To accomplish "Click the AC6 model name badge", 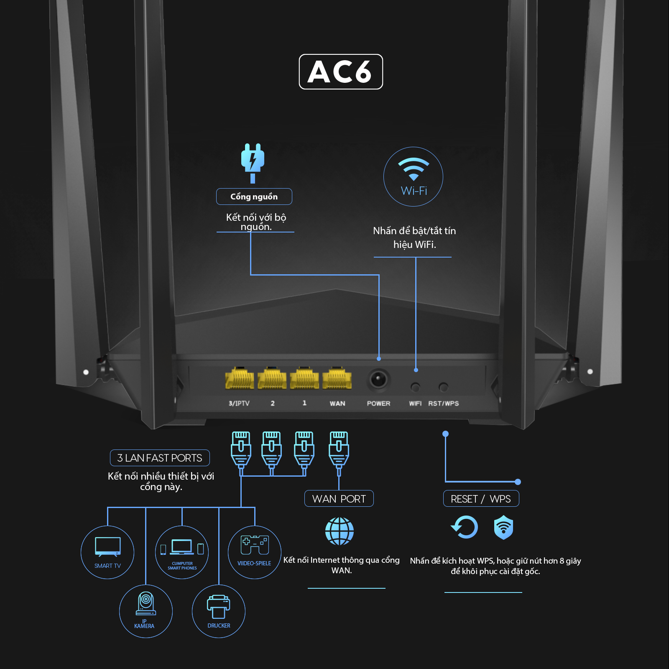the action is (341, 71).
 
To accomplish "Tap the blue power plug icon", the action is (253, 161).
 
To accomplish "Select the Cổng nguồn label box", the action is (254, 197).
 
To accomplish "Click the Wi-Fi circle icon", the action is (413, 176).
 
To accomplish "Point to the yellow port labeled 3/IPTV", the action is (239, 378).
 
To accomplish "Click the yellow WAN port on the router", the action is (337, 378).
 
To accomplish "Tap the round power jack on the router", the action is (378, 380).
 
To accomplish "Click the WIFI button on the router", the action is (415, 387).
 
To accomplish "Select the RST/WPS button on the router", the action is (443, 387).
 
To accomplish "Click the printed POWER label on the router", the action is (378, 403).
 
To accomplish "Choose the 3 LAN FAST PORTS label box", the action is (160, 458).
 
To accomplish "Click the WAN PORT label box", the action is (339, 499).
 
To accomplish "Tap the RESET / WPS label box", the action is (481, 499).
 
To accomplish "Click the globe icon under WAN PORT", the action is (340, 531).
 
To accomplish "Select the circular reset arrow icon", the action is (465, 527).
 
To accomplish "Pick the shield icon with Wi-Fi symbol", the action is (503, 527).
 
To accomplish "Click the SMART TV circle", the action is (107, 552).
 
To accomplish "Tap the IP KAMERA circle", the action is (146, 611).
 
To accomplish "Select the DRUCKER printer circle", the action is (219, 611).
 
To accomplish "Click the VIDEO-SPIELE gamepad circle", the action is (254, 552).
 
